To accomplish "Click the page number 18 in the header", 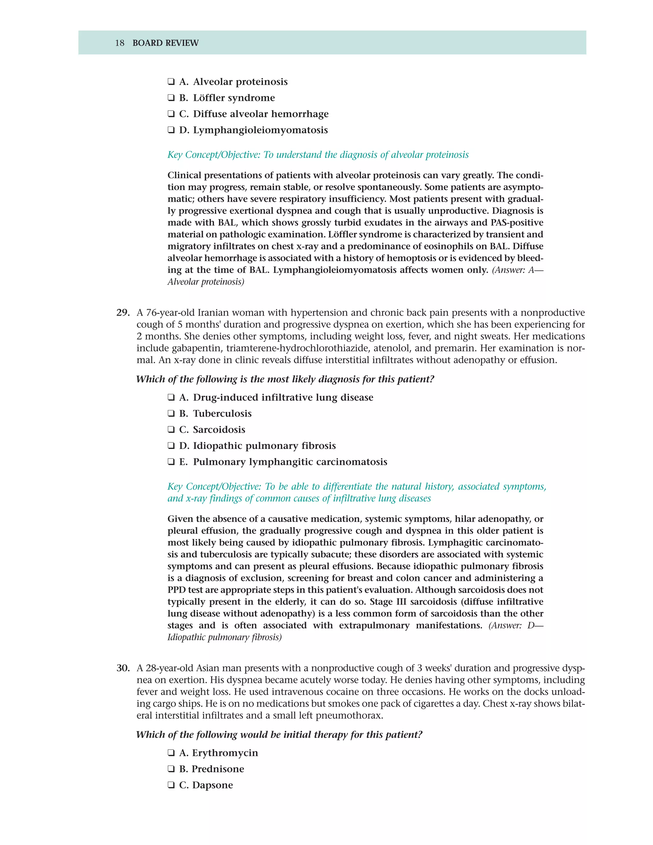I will [x=120, y=43].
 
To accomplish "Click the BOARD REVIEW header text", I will [x=165, y=43].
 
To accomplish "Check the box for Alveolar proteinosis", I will [x=171, y=82].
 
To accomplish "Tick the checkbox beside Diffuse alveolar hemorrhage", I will [x=171, y=114].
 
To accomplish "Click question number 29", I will [x=123, y=312].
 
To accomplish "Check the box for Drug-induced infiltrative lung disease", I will [x=171, y=398].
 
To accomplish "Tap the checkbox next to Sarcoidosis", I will [x=171, y=430].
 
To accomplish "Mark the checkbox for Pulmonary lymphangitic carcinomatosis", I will [x=171, y=462].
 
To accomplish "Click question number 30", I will [x=123, y=668].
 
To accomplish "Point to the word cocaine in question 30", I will [x=345, y=692].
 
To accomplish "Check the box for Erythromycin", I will [x=171, y=753].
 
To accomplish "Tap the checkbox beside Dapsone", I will [x=171, y=785].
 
